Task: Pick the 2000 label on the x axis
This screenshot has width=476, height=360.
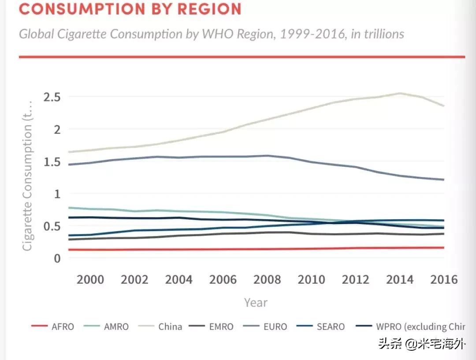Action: pos(90,280)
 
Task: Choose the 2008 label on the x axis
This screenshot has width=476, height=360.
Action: pos(268,280)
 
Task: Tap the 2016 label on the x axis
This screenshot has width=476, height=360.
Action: pos(444,280)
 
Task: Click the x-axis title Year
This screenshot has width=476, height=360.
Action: pos(256,303)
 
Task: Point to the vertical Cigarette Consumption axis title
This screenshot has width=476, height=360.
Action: pos(27,176)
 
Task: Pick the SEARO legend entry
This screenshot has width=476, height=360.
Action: pos(331,327)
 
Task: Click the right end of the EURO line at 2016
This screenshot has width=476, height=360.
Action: pos(443,180)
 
